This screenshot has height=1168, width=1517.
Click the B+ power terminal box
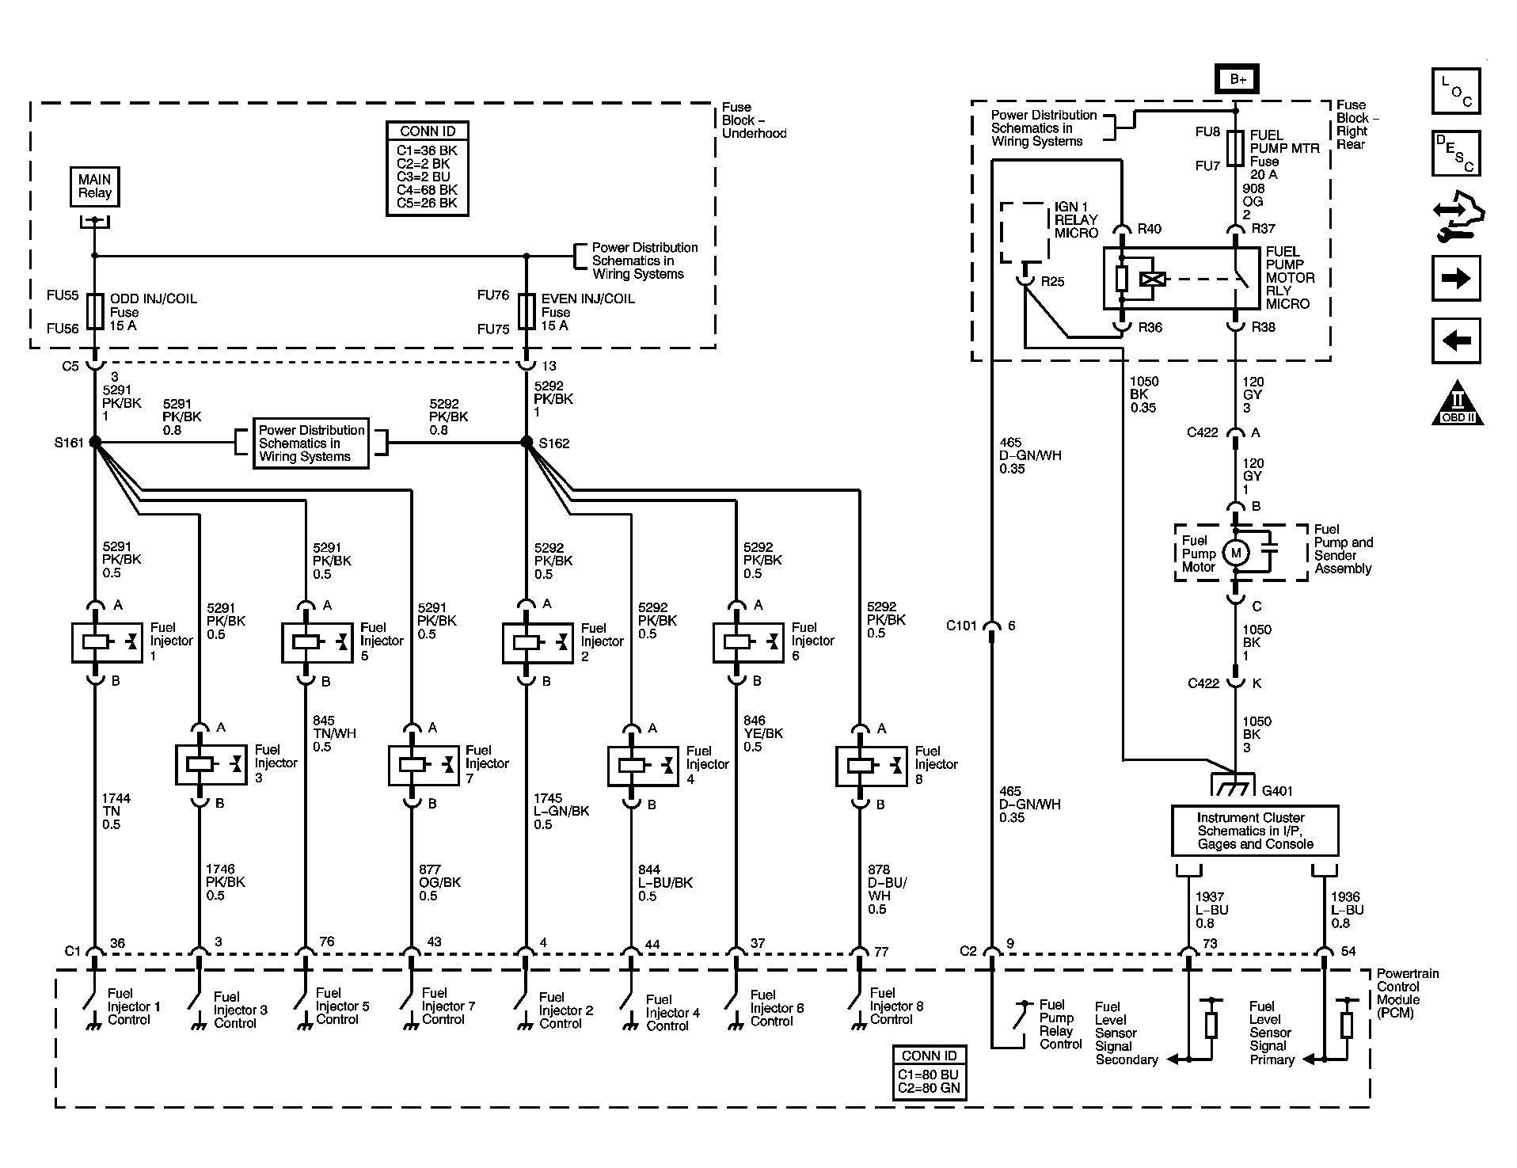1237,79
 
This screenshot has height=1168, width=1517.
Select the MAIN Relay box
95,187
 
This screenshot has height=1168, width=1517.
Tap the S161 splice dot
94,442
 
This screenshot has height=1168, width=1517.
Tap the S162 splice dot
527,442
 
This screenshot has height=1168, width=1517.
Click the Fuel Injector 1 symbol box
106,642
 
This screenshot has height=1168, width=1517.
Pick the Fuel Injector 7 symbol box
424,765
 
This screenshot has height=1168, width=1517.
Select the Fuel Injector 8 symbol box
871,766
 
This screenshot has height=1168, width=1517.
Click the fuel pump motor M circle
1235,553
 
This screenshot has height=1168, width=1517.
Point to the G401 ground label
1277,790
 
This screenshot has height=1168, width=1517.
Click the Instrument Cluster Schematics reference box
1254,831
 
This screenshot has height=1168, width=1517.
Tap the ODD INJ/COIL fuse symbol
95,311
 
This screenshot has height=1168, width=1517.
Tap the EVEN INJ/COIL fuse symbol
527,311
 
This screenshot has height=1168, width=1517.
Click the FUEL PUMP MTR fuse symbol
1235,148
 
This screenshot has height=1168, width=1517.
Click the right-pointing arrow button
1455,278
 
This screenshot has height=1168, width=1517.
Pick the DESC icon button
1455,154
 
